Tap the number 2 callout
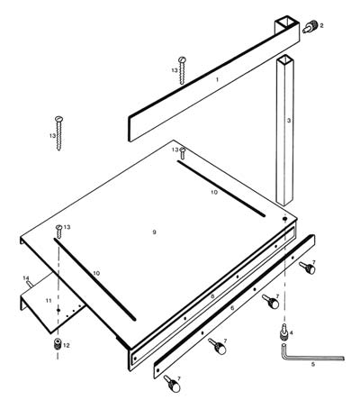click(322, 26)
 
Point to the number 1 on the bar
click(217, 80)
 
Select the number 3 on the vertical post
click(289, 120)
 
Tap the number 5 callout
click(312, 365)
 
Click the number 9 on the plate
click(154, 232)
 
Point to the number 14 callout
click(25, 277)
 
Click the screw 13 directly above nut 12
click(59, 231)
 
